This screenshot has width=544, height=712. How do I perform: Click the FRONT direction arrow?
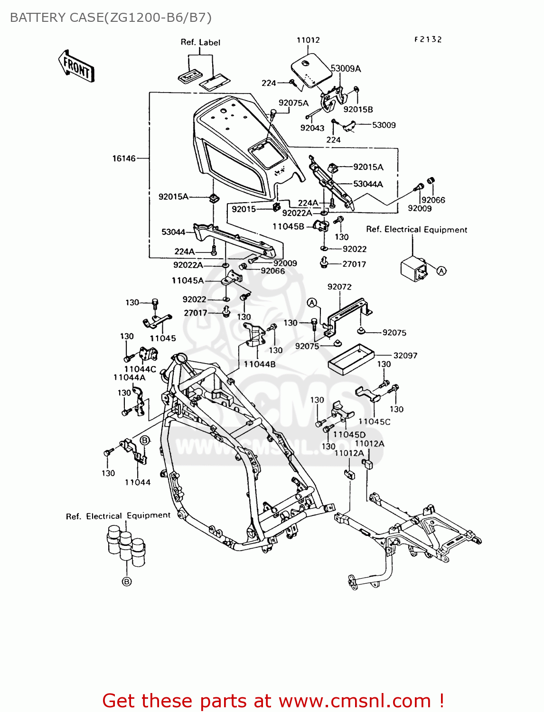pyautogui.click(x=76, y=66)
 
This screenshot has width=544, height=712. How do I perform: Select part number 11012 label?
pyautogui.click(x=308, y=40)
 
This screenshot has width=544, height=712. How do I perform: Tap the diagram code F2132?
pyautogui.click(x=428, y=39)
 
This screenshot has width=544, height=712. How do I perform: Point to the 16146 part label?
pyautogui.click(x=124, y=159)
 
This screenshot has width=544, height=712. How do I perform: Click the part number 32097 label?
pyautogui.click(x=405, y=356)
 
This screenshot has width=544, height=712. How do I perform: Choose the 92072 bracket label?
pyautogui.click(x=339, y=287)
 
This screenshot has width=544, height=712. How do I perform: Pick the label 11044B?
pyautogui.click(x=259, y=364)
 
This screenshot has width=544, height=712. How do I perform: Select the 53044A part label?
pyautogui.click(x=368, y=184)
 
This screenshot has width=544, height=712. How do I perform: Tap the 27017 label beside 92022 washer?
pyautogui.click(x=354, y=264)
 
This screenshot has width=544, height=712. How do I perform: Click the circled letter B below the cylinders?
pyautogui.click(x=127, y=581)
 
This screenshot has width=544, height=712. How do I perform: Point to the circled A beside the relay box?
pyautogui.click(x=441, y=271)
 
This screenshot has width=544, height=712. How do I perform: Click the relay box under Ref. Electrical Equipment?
pyautogui.click(x=413, y=269)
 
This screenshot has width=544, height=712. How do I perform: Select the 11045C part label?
pyautogui.click(x=375, y=422)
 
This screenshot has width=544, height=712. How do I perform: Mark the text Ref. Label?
pyautogui.click(x=200, y=42)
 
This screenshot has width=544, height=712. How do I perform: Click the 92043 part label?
pyautogui.click(x=312, y=128)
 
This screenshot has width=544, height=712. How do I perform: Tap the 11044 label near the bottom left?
pyautogui.click(x=138, y=482)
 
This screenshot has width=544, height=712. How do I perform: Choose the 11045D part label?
pyautogui.click(x=349, y=434)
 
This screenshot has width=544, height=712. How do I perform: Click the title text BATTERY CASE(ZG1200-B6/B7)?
pyautogui.click(x=111, y=18)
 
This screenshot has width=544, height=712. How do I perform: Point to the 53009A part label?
pyautogui.click(x=346, y=69)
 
